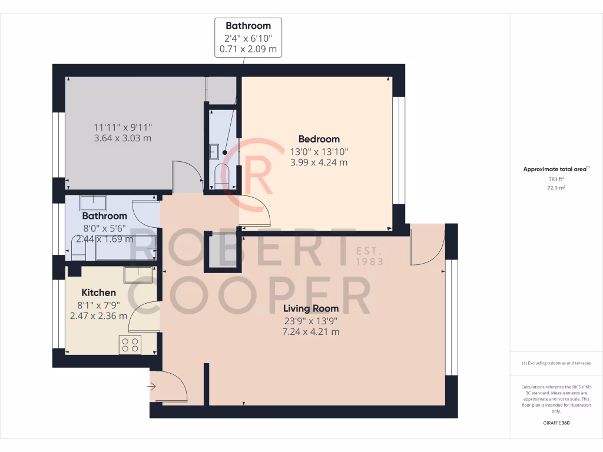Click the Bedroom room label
point(319,139)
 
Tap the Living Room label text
point(310,308)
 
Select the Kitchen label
point(98,293)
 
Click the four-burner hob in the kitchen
point(130,344)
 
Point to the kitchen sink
point(138,274)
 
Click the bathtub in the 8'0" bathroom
point(124,250)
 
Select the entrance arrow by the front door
point(151,387)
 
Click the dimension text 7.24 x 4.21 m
point(310,332)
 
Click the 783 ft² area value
point(556,179)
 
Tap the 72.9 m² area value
point(556,188)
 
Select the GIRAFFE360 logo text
point(556,423)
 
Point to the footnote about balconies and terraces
point(556,363)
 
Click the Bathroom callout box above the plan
point(248,37)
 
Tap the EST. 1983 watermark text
point(370,256)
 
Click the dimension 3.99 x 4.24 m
point(319,162)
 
